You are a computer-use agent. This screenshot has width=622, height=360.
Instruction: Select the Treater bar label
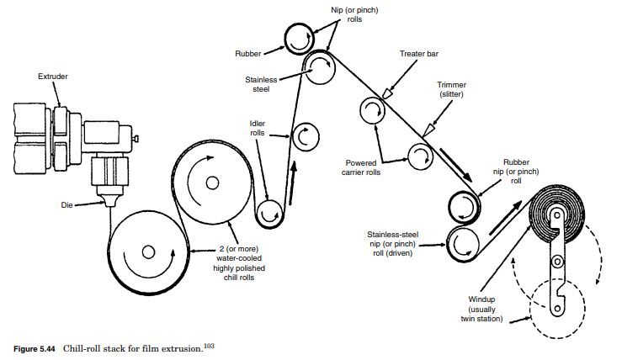(x=418, y=54)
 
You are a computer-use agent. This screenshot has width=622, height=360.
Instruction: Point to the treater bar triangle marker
(x=385, y=93)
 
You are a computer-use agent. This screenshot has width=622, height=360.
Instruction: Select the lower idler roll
(x=270, y=214)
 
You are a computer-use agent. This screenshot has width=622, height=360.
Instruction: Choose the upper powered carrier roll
(x=371, y=112)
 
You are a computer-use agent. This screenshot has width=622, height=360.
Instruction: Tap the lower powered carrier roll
(x=419, y=154)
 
